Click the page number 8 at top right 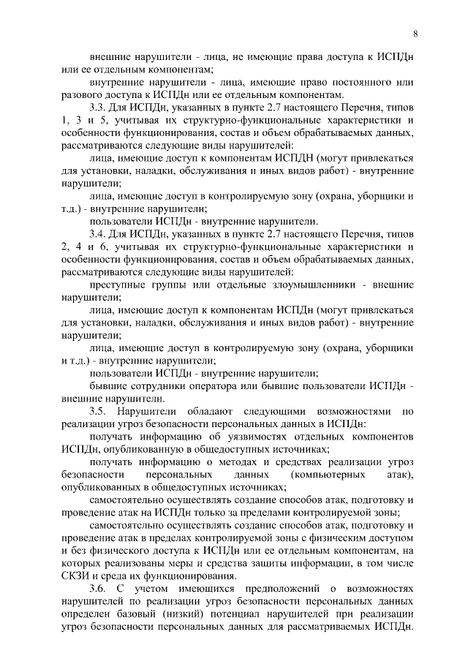(415, 33)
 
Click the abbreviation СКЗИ (78, 576)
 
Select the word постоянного (360, 83)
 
